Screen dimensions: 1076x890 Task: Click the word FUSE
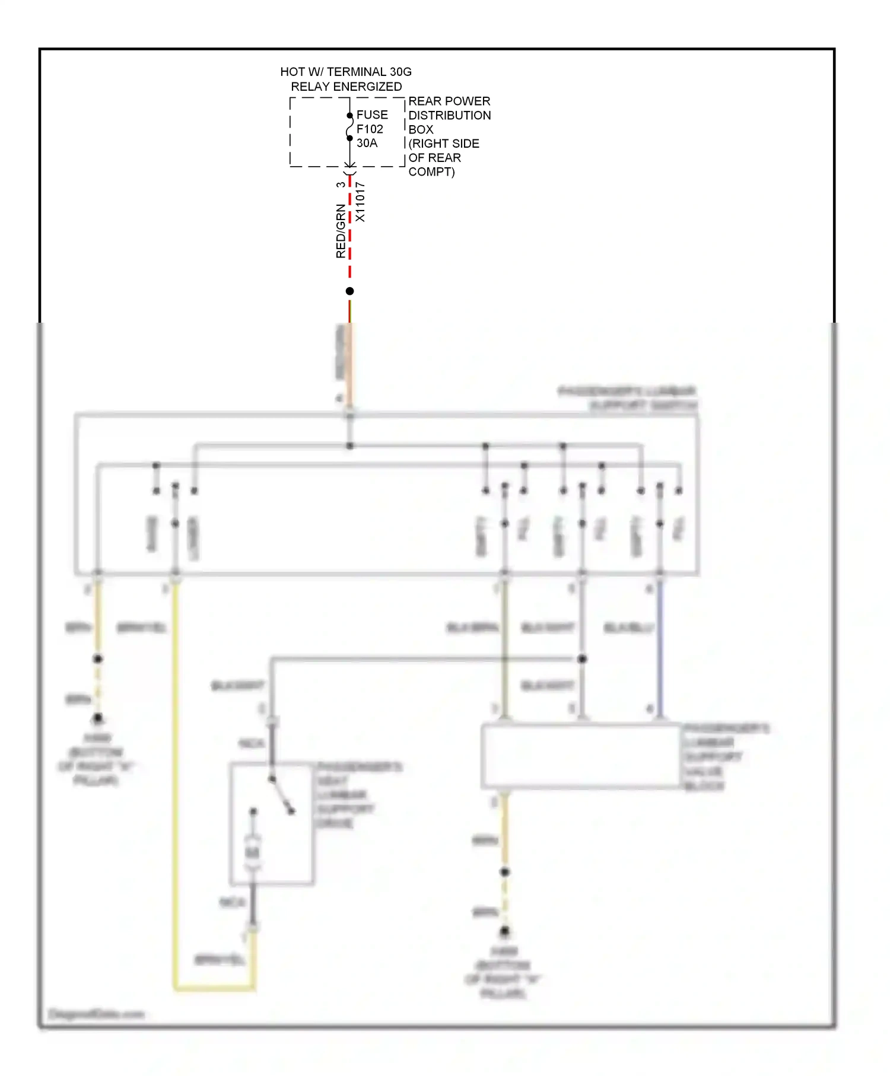tap(371, 114)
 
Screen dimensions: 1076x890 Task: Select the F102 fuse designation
tap(370, 129)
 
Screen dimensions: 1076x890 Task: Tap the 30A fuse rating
tap(367, 143)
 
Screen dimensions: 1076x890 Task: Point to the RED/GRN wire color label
tap(341, 231)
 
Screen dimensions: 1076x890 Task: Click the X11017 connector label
tap(360, 202)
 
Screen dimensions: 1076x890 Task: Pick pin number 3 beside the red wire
tap(341, 184)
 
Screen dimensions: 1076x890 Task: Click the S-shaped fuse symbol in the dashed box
tap(349, 127)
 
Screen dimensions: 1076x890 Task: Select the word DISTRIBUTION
tap(449, 115)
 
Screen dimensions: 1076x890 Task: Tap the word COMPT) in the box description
tap(431, 172)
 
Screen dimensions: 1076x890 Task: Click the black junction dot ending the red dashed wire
tap(349, 291)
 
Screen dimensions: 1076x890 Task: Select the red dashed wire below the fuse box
tap(349, 237)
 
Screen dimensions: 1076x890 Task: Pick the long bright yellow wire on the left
tap(175, 771)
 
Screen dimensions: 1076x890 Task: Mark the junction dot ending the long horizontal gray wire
tap(582, 659)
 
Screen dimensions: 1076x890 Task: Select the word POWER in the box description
tap(471, 101)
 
